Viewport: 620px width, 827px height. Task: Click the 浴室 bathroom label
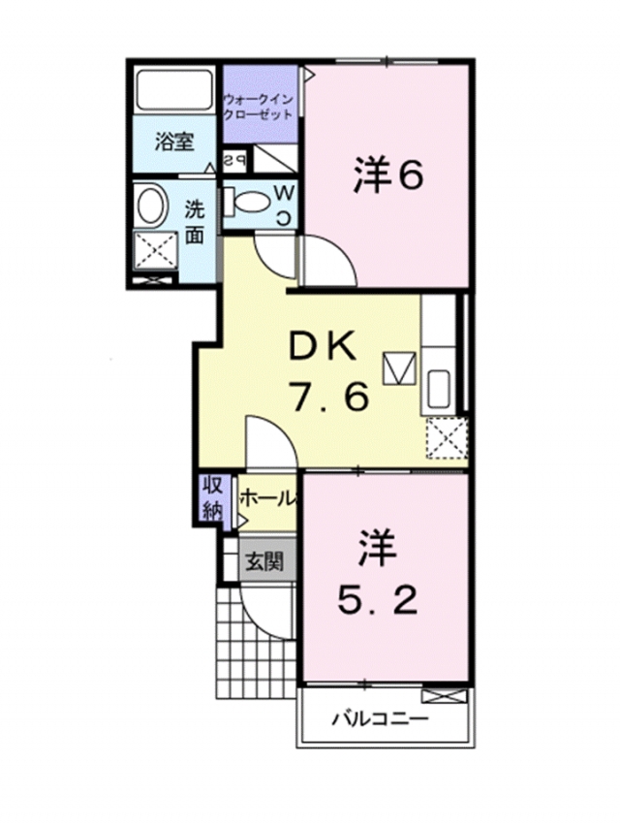(x=174, y=142)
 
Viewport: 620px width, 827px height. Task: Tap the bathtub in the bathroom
(x=175, y=90)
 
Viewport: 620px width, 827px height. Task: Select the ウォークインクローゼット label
(x=259, y=107)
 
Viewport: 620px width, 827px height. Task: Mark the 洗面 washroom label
(x=194, y=221)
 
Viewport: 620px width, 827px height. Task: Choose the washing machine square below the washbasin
(x=156, y=251)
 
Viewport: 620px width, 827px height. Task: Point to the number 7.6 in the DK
(x=328, y=397)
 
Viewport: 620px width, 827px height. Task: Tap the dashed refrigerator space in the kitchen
(x=447, y=438)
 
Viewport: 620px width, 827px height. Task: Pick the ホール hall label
(x=267, y=498)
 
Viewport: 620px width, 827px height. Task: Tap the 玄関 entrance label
(x=265, y=562)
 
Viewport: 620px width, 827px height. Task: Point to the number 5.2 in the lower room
(x=378, y=601)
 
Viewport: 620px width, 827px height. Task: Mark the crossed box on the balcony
(x=445, y=696)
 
